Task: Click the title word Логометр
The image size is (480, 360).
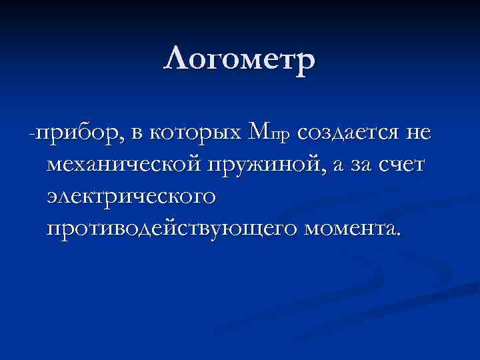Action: (239, 61)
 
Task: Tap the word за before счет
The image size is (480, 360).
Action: (360, 165)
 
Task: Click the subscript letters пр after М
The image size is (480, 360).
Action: (281, 136)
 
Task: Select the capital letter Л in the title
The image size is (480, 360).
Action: (175, 61)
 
